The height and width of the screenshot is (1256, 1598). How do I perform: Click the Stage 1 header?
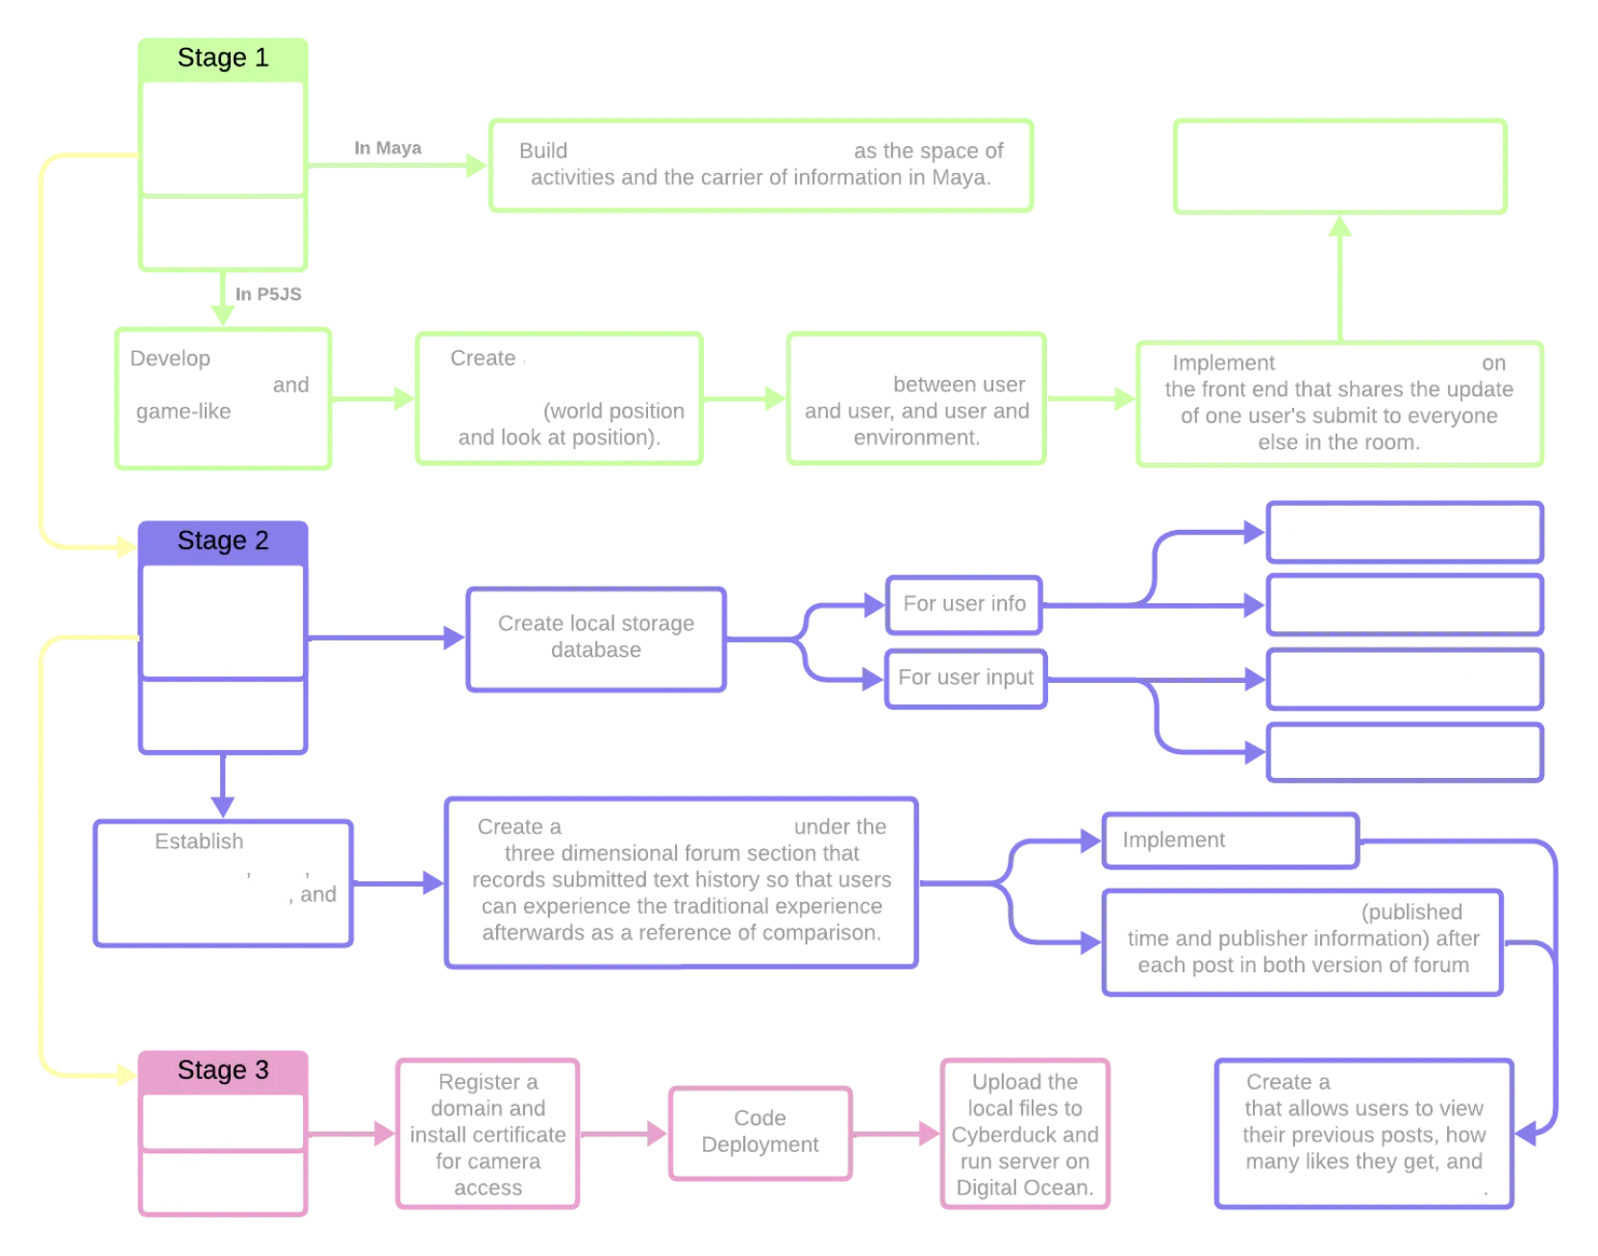(223, 59)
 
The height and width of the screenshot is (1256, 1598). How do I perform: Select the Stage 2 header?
(223, 541)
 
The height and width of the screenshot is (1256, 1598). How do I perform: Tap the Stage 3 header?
(223, 1070)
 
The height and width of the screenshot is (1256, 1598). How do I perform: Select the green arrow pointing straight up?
(1340, 279)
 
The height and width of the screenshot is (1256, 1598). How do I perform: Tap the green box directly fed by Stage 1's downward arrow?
(223, 399)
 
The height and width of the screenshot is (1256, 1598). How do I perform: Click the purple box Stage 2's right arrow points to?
(595, 639)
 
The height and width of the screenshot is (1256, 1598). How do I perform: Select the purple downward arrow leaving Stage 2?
(223, 784)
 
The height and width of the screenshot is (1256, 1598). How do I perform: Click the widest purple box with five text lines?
(681, 882)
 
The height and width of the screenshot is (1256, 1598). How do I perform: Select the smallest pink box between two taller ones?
(760, 1134)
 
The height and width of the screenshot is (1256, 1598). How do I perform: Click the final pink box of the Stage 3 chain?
(1026, 1134)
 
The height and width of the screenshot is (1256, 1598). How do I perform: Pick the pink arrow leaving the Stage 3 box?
(352, 1134)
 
